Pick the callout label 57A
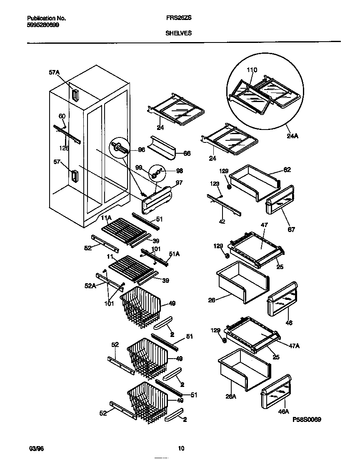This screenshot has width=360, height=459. click(54, 72)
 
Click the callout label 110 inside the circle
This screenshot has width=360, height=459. click(252, 70)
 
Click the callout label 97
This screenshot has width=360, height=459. click(179, 182)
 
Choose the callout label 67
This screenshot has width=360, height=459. click(291, 229)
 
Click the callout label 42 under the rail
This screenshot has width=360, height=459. click(222, 222)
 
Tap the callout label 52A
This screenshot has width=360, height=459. click(90, 286)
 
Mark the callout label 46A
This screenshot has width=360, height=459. click(283, 412)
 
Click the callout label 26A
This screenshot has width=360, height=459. click(231, 397)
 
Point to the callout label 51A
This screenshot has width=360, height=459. click(177, 258)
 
